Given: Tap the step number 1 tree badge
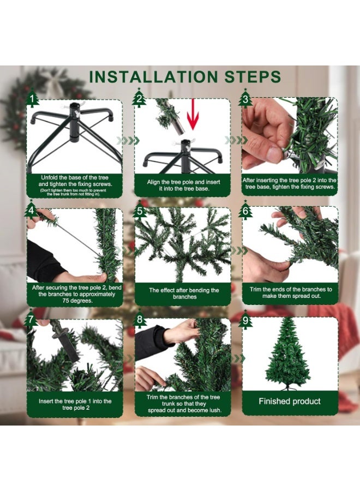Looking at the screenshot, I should coord(33,99).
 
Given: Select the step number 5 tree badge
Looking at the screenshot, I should coord(140,211).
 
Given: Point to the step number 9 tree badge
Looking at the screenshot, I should coord(246,320).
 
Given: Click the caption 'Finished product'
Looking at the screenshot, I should coord(290,402).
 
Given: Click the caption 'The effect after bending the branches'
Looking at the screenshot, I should coord(184,294).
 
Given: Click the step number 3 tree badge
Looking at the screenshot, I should coord(245,99).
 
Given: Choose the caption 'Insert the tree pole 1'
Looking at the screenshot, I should coord(75,404).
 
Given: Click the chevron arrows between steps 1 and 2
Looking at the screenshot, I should coord(125,141).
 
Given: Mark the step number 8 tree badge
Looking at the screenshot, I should coord(140,320).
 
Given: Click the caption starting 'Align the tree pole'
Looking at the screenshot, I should coord(182,185).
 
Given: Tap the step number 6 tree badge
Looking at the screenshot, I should coord(246,211).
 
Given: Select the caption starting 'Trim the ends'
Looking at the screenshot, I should coord(290,292).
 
